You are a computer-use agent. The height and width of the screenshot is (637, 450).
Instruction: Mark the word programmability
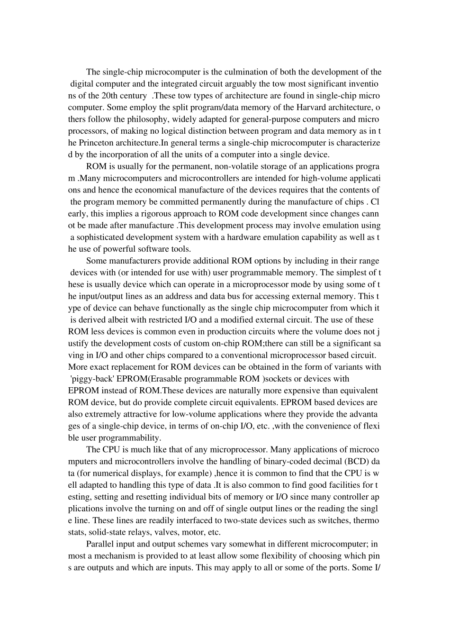click(x=128, y=437)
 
